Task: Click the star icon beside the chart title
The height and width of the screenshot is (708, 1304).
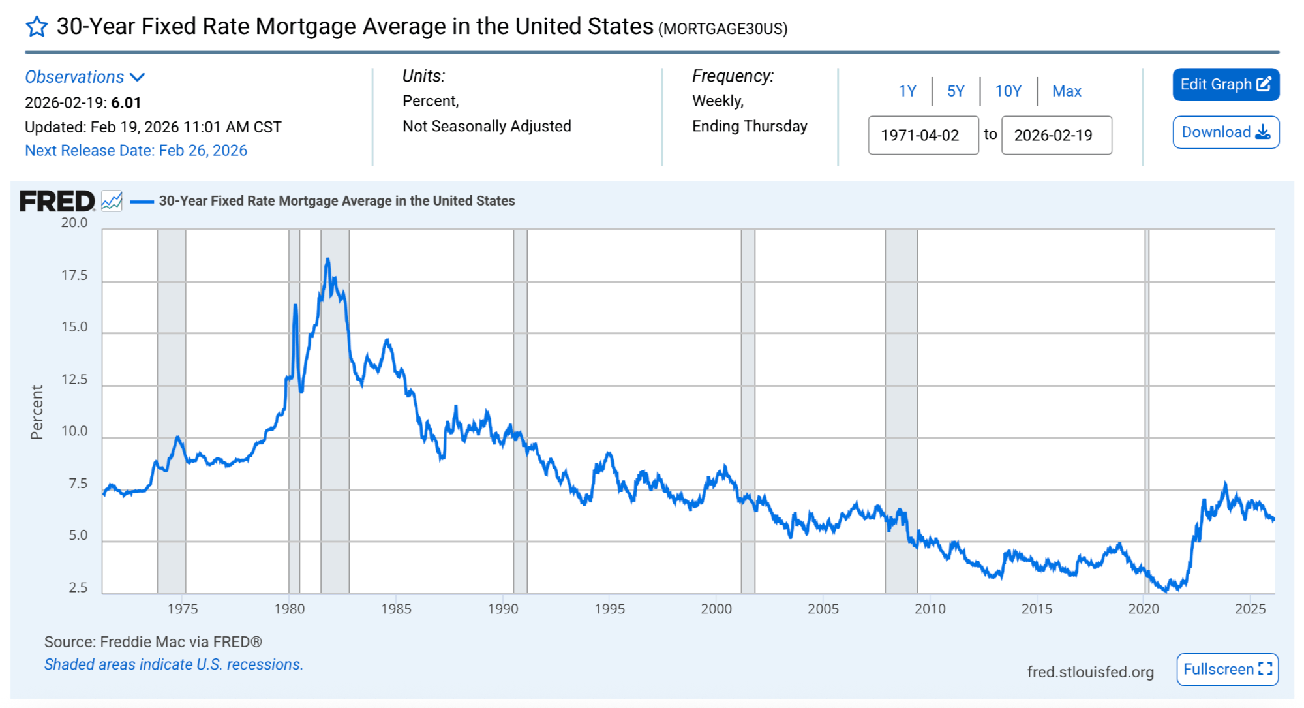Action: click(x=37, y=27)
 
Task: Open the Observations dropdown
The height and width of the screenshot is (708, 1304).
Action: click(x=85, y=77)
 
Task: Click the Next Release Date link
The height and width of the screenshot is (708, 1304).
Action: click(x=136, y=151)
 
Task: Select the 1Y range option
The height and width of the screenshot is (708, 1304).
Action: click(x=907, y=91)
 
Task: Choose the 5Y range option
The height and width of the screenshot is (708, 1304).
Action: click(x=956, y=91)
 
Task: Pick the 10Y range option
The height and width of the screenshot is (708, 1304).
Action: click(x=1008, y=91)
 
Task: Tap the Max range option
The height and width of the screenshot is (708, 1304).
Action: click(x=1067, y=91)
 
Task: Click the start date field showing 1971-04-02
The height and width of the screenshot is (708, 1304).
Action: click(x=923, y=135)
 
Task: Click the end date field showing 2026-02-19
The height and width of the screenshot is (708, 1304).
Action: click(x=1056, y=135)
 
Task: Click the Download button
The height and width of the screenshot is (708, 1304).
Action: click(x=1226, y=132)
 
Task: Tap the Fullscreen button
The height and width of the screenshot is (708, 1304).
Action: click(x=1227, y=670)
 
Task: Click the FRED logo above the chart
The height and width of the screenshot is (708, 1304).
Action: click(x=57, y=201)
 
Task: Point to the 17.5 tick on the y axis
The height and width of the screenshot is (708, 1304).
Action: click(x=74, y=275)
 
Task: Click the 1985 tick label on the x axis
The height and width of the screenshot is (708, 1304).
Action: click(x=396, y=609)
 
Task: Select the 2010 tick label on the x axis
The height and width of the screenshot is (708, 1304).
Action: click(x=930, y=609)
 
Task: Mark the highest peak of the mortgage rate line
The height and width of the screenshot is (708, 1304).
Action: click(x=327, y=259)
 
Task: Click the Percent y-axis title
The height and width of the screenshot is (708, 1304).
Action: click(x=37, y=412)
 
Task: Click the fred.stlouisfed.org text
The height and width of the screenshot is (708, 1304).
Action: click(x=1090, y=672)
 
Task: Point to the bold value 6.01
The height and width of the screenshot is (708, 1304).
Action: click(x=126, y=103)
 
